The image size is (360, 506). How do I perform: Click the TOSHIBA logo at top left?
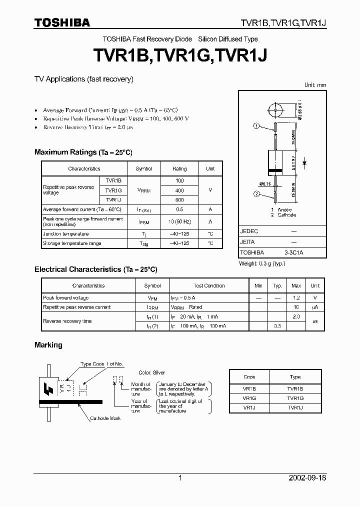pos(62,22)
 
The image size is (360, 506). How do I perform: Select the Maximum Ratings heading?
pos(83,152)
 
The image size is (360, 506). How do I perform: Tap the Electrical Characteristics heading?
pos(95,269)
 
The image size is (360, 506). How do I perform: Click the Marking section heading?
pos(48,345)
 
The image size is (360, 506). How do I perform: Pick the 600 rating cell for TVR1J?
pos(179,200)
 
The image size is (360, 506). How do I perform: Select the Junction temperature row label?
pos(65,234)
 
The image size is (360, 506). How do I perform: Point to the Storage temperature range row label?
pos(72,243)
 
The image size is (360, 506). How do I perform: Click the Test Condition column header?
pos(209,286)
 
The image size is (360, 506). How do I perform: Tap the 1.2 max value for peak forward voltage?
pos(296,298)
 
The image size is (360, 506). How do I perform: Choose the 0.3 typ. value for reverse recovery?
pos(277,326)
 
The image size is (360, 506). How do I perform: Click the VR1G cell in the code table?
pos(249,398)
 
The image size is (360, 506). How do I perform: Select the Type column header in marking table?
pos(295,377)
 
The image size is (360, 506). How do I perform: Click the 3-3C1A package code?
pos(293,253)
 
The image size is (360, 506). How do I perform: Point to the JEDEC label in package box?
pos(249,231)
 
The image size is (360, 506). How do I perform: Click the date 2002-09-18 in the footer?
pos(307,478)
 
